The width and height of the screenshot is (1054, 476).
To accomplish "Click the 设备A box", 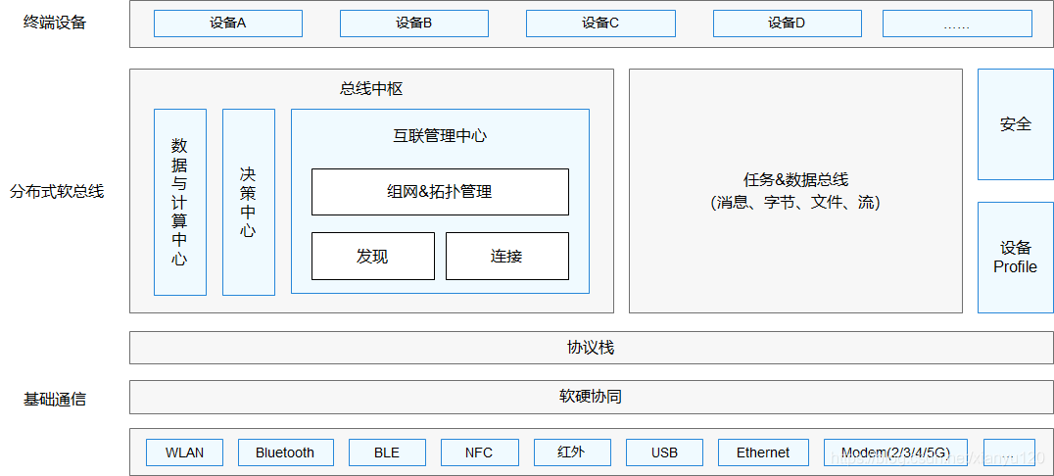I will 227,24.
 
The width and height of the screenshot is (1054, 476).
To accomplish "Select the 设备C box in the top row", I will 600,24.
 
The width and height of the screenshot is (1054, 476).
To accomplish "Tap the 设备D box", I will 787,24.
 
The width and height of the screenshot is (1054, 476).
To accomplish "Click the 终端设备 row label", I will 55,23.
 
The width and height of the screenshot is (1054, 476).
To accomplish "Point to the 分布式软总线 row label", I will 57,191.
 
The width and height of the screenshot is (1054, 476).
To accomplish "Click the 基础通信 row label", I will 55,399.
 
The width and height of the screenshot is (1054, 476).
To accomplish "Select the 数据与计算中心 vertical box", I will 180,202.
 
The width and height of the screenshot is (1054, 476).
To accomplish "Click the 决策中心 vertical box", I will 249,202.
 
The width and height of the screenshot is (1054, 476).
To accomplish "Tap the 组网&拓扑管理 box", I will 440,192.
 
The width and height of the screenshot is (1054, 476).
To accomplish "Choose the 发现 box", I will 372,256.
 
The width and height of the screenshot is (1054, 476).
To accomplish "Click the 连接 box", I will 506,256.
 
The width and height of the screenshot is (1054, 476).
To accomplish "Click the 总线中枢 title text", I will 371,89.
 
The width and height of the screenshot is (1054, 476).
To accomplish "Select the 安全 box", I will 1015,124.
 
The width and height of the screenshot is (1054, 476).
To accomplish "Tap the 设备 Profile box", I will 1015,258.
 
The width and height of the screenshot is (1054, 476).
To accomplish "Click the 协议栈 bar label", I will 591,348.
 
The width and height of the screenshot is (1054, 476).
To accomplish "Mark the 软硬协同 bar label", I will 591,397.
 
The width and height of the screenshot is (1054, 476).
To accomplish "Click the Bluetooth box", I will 285,452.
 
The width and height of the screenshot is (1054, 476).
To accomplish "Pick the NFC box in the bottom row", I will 478,452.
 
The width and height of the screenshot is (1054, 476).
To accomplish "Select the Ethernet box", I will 763,452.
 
